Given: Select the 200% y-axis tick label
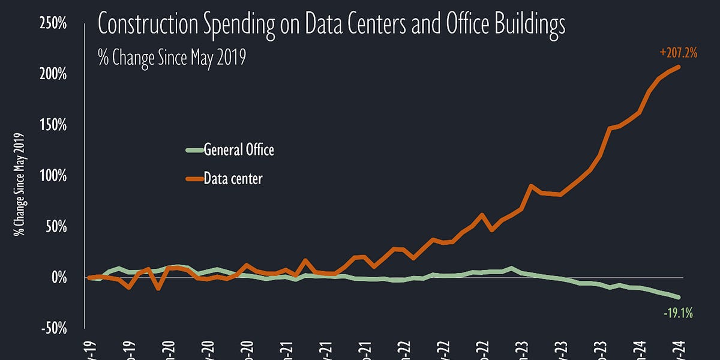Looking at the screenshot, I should tap(53, 74).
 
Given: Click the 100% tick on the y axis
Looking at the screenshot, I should tap(53, 176).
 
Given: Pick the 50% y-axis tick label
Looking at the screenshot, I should tap(56, 227).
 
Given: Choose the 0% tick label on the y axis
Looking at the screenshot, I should tap(58, 278).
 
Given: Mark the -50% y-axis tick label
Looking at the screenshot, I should tap(54, 329).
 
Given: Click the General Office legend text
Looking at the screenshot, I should tap(239, 150).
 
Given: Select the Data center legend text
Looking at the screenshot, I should tap(233, 178).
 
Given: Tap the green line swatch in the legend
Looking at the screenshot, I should tap(193, 150).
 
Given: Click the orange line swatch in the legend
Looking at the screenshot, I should tap(193, 178).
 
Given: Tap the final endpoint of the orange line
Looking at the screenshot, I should tap(679, 67).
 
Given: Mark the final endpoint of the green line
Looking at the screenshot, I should tap(679, 297).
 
